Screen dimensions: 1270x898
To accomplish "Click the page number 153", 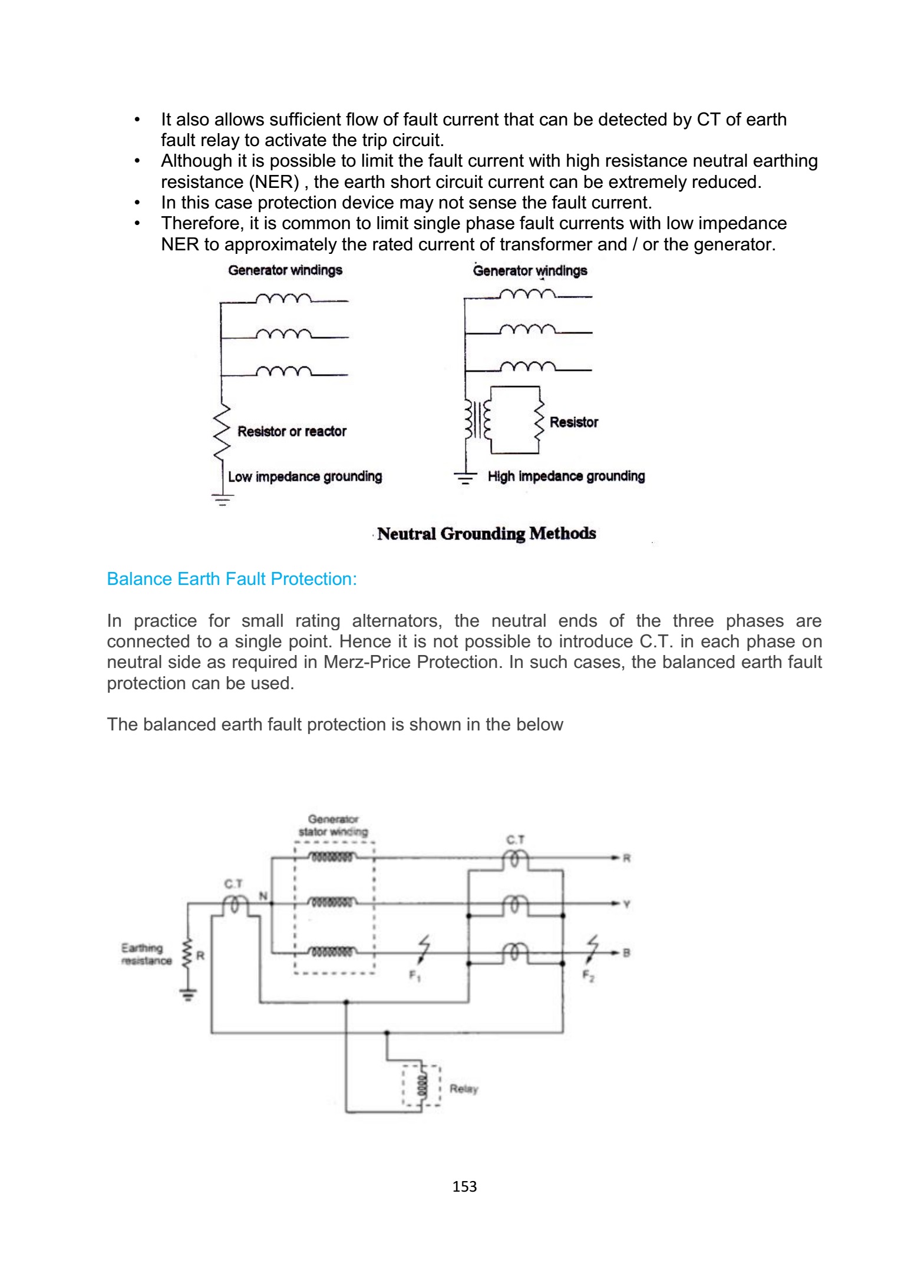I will (464, 1186).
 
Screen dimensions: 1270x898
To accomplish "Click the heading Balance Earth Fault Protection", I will (232, 579).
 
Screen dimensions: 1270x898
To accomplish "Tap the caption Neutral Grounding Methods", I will (486, 534).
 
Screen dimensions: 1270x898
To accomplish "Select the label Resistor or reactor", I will (292, 431).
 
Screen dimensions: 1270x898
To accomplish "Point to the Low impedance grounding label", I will (305, 477).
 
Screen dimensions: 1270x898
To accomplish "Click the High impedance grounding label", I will (566, 476).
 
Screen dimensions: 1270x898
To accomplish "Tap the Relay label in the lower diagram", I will (464, 1089).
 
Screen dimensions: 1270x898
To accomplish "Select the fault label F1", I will (415, 976).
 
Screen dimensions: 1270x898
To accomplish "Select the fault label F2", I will (588, 975).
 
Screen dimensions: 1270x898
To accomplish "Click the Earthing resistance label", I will (146, 954).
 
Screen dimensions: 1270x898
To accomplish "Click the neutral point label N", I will (263, 896).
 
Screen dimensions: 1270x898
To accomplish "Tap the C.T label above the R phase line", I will (515, 839).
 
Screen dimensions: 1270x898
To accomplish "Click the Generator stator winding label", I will (333, 825).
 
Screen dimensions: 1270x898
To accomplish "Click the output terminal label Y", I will (626, 904).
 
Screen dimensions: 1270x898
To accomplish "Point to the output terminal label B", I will (626, 952).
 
